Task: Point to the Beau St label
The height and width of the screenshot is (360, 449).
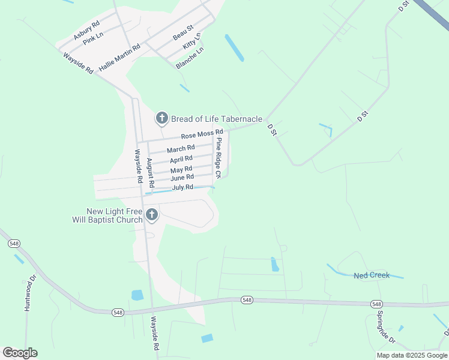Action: (x=182, y=32)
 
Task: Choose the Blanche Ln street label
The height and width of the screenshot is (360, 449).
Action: (x=190, y=57)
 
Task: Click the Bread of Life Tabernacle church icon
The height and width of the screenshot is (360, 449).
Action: (x=161, y=118)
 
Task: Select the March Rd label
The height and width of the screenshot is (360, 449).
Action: (x=181, y=149)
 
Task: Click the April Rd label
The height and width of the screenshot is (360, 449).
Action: (x=181, y=159)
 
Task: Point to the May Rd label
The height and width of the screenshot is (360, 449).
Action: (x=181, y=170)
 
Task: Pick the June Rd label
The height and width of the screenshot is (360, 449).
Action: (x=182, y=178)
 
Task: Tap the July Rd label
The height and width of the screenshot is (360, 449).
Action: (x=182, y=187)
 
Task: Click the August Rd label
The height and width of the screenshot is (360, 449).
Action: (x=151, y=172)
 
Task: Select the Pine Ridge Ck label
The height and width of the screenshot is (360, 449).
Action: (x=219, y=158)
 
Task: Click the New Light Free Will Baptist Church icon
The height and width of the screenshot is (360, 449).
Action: (x=152, y=215)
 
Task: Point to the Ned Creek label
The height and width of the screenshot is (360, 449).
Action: (x=372, y=275)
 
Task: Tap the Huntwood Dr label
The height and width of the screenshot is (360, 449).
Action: (x=28, y=293)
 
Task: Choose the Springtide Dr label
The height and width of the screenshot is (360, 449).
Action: (x=385, y=327)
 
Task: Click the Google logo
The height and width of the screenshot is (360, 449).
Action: (x=20, y=353)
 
